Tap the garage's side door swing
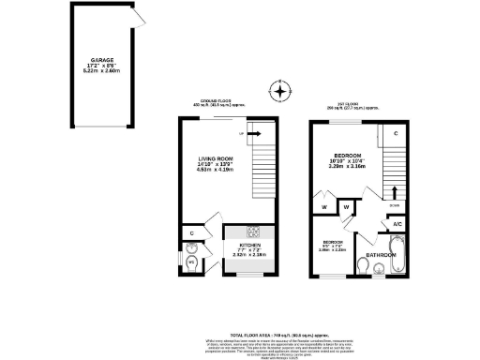[138, 18]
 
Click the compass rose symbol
[277, 92]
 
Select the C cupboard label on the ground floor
[191, 232]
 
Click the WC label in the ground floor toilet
[191, 262]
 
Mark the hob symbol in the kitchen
[253, 232]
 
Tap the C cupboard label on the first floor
[397, 134]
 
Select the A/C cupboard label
[397, 224]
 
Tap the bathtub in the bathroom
[397, 258]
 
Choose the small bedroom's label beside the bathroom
[334, 246]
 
